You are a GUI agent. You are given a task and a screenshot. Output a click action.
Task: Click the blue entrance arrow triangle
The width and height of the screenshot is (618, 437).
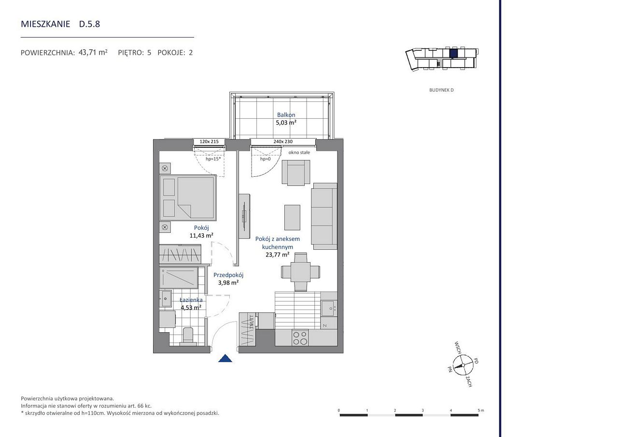[x=225, y=358]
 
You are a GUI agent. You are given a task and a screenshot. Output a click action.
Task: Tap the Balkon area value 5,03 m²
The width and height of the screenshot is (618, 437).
[x=286, y=123]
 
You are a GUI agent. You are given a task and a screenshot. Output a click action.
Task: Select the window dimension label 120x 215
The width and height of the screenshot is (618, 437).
[x=209, y=141]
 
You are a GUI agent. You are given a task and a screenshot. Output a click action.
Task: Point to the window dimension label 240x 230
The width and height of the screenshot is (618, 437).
[x=283, y=141]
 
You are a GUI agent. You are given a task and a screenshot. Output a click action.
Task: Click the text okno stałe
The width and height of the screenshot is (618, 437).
[x=299, y=152]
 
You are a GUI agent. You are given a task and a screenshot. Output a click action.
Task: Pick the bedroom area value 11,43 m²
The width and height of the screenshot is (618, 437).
[x=201, y=236]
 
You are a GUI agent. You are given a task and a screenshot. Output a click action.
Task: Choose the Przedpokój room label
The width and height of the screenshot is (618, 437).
[x=228, y=275]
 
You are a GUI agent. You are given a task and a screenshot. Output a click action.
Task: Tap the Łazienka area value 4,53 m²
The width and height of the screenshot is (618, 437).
[x=191, y=307]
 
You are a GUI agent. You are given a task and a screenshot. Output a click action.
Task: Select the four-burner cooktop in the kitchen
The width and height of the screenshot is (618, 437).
[x=300, y=338]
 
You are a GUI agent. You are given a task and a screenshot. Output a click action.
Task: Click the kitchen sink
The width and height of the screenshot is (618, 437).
[x=329, y=308]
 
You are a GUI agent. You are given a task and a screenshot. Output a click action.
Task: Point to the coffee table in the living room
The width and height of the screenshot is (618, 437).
[x=292, y=217]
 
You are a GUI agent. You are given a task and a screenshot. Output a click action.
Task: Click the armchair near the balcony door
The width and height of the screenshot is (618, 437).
[x=296, y=172]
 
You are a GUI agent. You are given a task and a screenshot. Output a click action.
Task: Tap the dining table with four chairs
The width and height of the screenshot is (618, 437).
[x=300, y=272]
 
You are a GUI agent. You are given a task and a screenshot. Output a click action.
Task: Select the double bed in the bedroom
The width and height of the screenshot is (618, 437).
[x=188, y=197]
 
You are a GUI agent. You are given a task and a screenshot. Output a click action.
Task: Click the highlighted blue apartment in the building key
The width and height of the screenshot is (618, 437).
[x=453, y=53]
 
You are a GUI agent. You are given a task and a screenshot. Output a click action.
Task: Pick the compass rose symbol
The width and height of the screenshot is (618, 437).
[x=463, y=365]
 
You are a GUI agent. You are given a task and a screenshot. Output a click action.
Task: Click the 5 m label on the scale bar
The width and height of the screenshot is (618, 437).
[x=481, y=410]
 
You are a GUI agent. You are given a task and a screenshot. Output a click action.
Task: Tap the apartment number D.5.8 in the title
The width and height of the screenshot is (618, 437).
[x=89, y=24]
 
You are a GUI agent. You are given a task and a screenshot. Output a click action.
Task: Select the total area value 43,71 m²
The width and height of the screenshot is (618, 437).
[x=93, y=53]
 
